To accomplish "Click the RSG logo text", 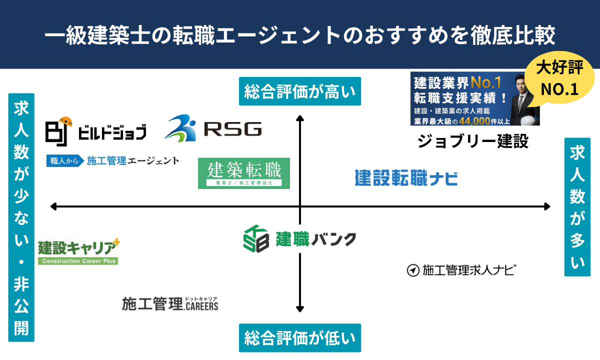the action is coord(233,129).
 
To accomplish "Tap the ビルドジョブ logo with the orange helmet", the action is coord(96,131).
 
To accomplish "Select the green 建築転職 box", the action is coord(244,173).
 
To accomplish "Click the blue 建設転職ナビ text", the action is coord(406,178).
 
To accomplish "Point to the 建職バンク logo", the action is coord(299,238).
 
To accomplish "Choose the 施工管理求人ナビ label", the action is coord(461,270).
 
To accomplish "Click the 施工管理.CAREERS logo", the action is coord(170,304).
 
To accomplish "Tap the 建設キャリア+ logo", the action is coord(78,251).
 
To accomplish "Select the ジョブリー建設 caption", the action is coord(473,141).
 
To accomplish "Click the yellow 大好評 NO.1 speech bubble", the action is coord(559,77).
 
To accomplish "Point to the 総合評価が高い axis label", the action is coord(300,91).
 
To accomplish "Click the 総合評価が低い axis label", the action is coord(300,338).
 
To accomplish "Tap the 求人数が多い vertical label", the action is coord(577,207).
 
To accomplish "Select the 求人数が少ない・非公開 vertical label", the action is coord(21,217).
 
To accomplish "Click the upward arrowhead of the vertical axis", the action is coord(300,118).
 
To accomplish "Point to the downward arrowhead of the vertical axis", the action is coord(300,309).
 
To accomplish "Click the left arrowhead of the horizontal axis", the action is coord(53,206).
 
